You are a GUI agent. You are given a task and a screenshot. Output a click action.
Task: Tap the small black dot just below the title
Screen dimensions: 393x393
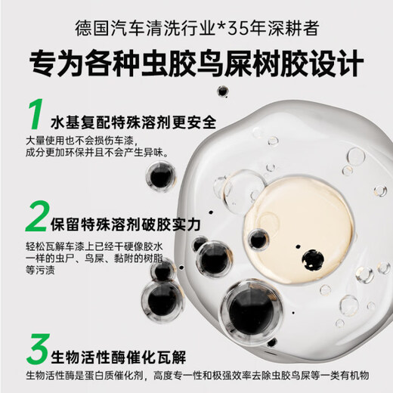(x=222, y=91)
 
